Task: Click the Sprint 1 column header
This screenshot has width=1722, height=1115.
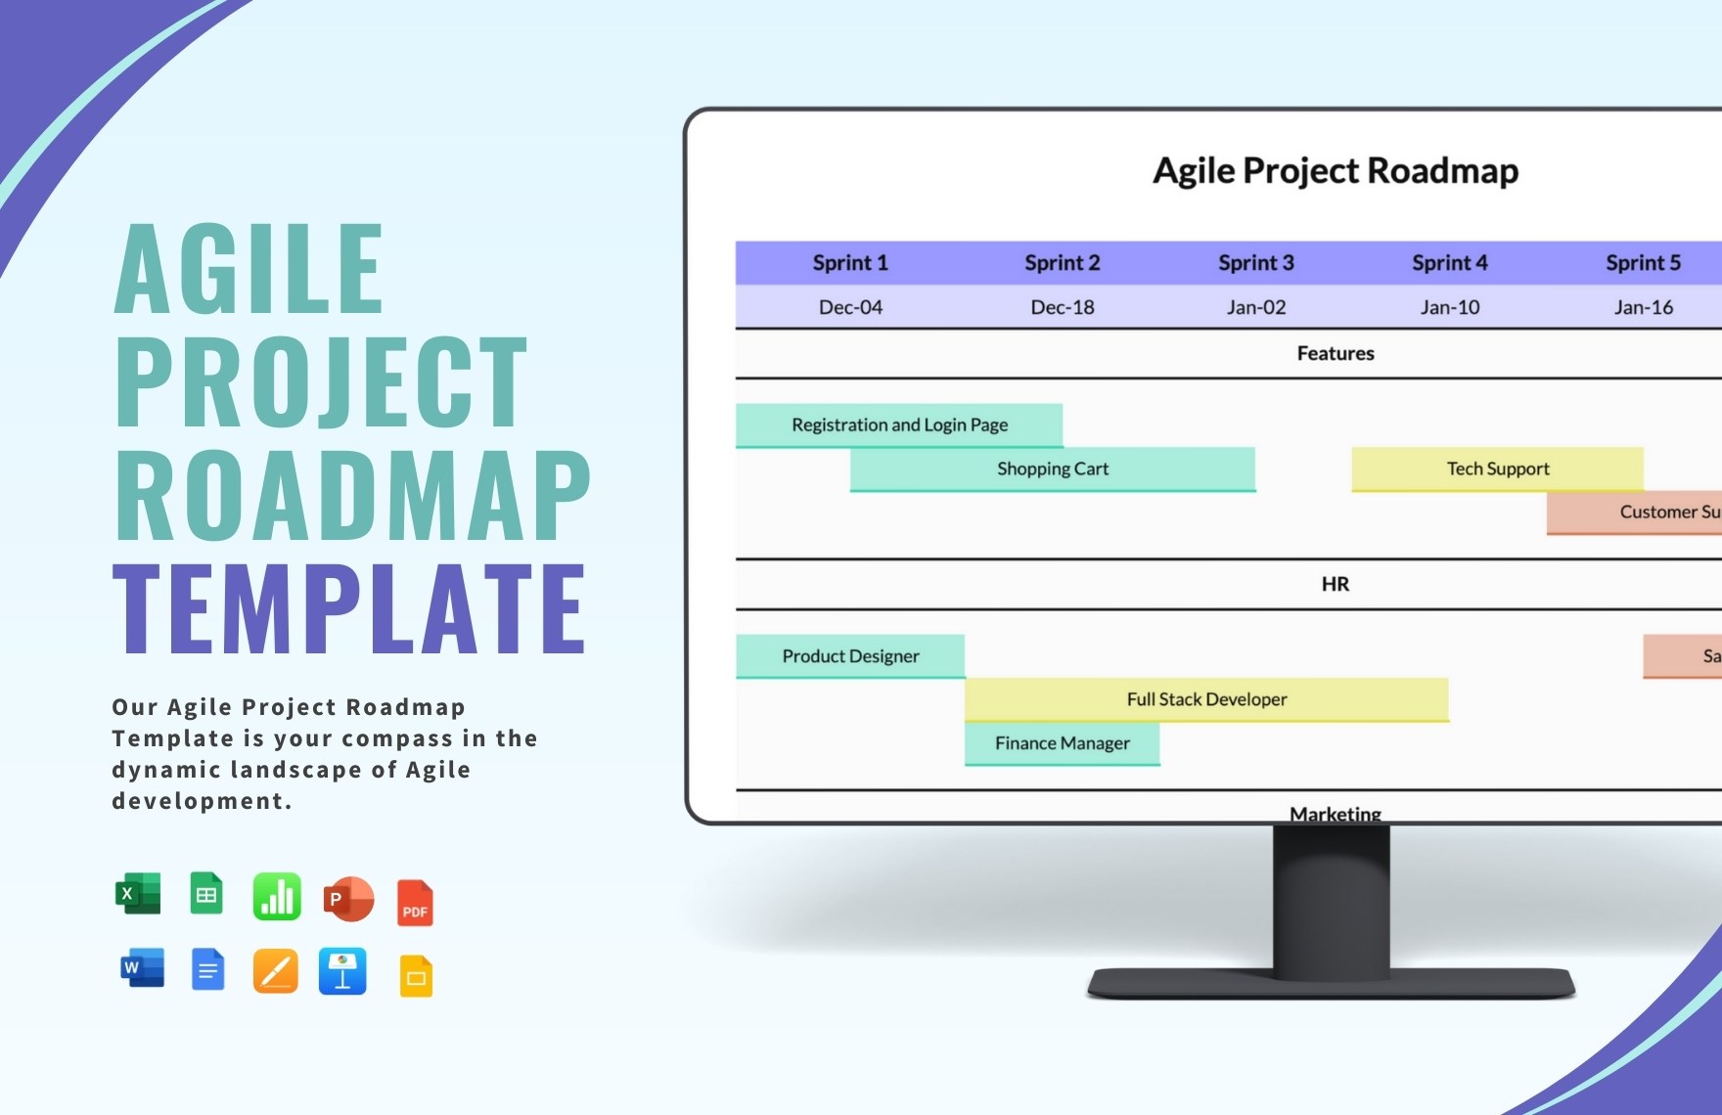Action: click(850, 262)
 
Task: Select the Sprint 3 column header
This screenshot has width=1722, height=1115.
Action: click(1255, 262)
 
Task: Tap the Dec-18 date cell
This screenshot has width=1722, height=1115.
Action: click(1062, 307)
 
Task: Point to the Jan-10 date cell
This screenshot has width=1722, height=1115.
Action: click(1449, 307)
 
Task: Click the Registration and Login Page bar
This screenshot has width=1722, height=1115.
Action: click(899, 424)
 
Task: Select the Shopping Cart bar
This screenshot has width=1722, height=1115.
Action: click(1053, 468)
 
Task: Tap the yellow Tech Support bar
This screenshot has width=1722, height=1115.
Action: click(1497, 468)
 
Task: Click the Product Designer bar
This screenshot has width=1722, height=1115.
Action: click(850, 656)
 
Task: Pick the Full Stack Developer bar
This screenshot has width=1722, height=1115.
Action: click(1206, 699)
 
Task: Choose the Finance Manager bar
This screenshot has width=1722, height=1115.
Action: click(1062, 743)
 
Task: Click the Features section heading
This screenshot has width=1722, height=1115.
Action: click(1335, 353)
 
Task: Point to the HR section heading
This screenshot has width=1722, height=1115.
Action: click(1335, 584)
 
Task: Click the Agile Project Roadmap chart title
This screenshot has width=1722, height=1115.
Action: click(1335, 171)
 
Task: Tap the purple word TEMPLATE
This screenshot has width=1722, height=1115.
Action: click(349, 608)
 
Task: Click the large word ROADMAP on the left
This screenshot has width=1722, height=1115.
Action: click(352, 496)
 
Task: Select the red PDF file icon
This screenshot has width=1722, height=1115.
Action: click(415, 903)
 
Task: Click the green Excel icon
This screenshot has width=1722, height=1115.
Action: click(138, 893)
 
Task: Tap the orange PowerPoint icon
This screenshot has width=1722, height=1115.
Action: click(348, 899)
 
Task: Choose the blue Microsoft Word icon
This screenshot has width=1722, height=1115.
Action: click(141, 968)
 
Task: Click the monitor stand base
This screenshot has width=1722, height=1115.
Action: click(1331, 982)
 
